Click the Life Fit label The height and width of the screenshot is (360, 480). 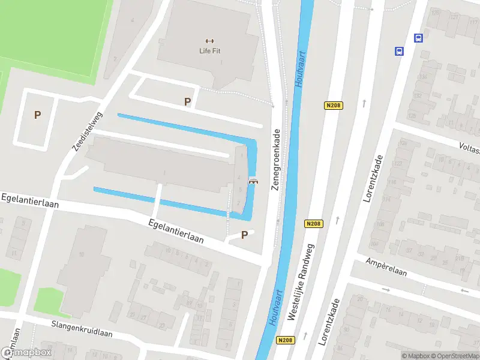coord(209,51)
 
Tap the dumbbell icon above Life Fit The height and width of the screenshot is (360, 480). coord(209,41)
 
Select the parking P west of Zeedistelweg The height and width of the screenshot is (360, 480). coord(37,115)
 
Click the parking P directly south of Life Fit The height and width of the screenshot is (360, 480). coord(187,102)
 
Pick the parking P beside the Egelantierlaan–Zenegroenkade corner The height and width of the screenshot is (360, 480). coord(244,235)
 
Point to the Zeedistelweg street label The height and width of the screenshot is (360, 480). coord(87,131)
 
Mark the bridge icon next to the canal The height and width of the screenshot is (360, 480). coord(253,182)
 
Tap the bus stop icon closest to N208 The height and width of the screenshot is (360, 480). coord(398,52)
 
